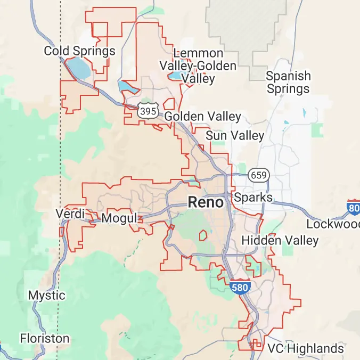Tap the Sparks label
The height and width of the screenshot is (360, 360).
coord(253,198)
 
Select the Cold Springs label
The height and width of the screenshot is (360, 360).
coord(79,51)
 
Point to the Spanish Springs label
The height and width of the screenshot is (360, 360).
coord(288,82)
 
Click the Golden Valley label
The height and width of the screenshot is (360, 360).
coord(203,117)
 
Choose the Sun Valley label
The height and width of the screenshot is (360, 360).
coord(235,136)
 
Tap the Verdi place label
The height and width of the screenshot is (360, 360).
coord(70,214)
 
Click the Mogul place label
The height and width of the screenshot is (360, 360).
coord(119,218)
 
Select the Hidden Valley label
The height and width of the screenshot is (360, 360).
coord(280,241)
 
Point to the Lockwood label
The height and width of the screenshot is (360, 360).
coord(333,224)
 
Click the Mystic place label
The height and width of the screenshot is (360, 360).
coord(47,295)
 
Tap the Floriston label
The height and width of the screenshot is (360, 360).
coord(45,338)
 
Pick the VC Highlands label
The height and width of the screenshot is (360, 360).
coord(306,349)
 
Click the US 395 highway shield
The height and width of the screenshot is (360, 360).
coord(146,111)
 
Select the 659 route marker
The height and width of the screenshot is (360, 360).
coord(258,175)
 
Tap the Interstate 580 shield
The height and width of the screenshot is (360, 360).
coord(241,287)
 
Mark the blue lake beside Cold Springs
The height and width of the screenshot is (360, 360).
coord(78,68)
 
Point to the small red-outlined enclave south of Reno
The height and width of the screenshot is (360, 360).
coord(203,234)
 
